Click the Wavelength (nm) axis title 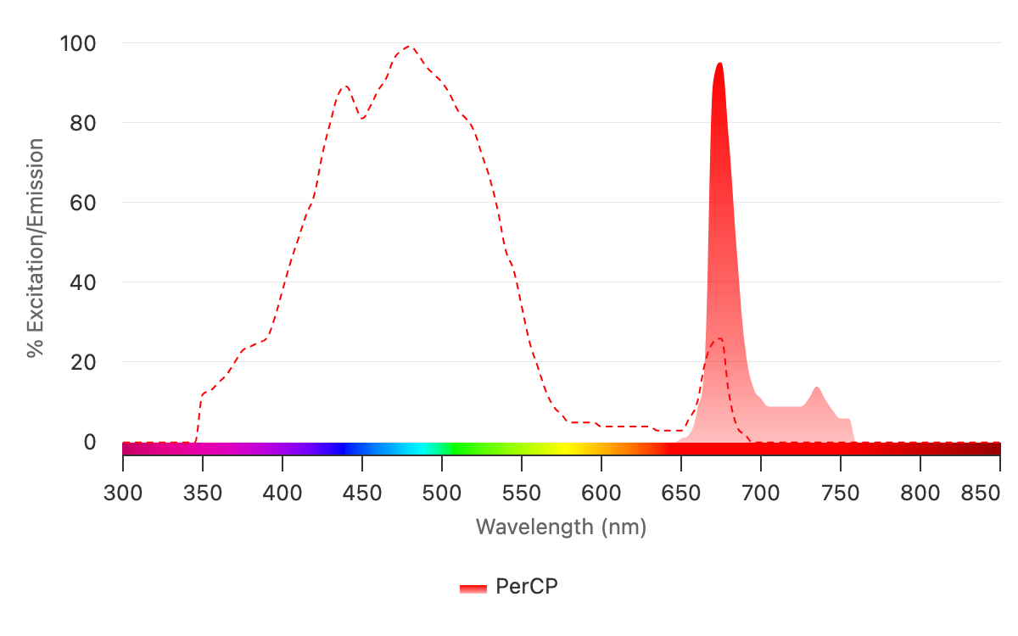coord(561,527)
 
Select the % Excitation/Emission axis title coord(35,248)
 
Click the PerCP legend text coord(526,587)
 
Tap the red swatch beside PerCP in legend coord(473,588)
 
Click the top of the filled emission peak coord(719,64)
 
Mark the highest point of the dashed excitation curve coord(410,47)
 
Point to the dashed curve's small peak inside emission coord(719,338)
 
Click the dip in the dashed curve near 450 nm coord(362,118)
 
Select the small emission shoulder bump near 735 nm coord(816,388)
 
